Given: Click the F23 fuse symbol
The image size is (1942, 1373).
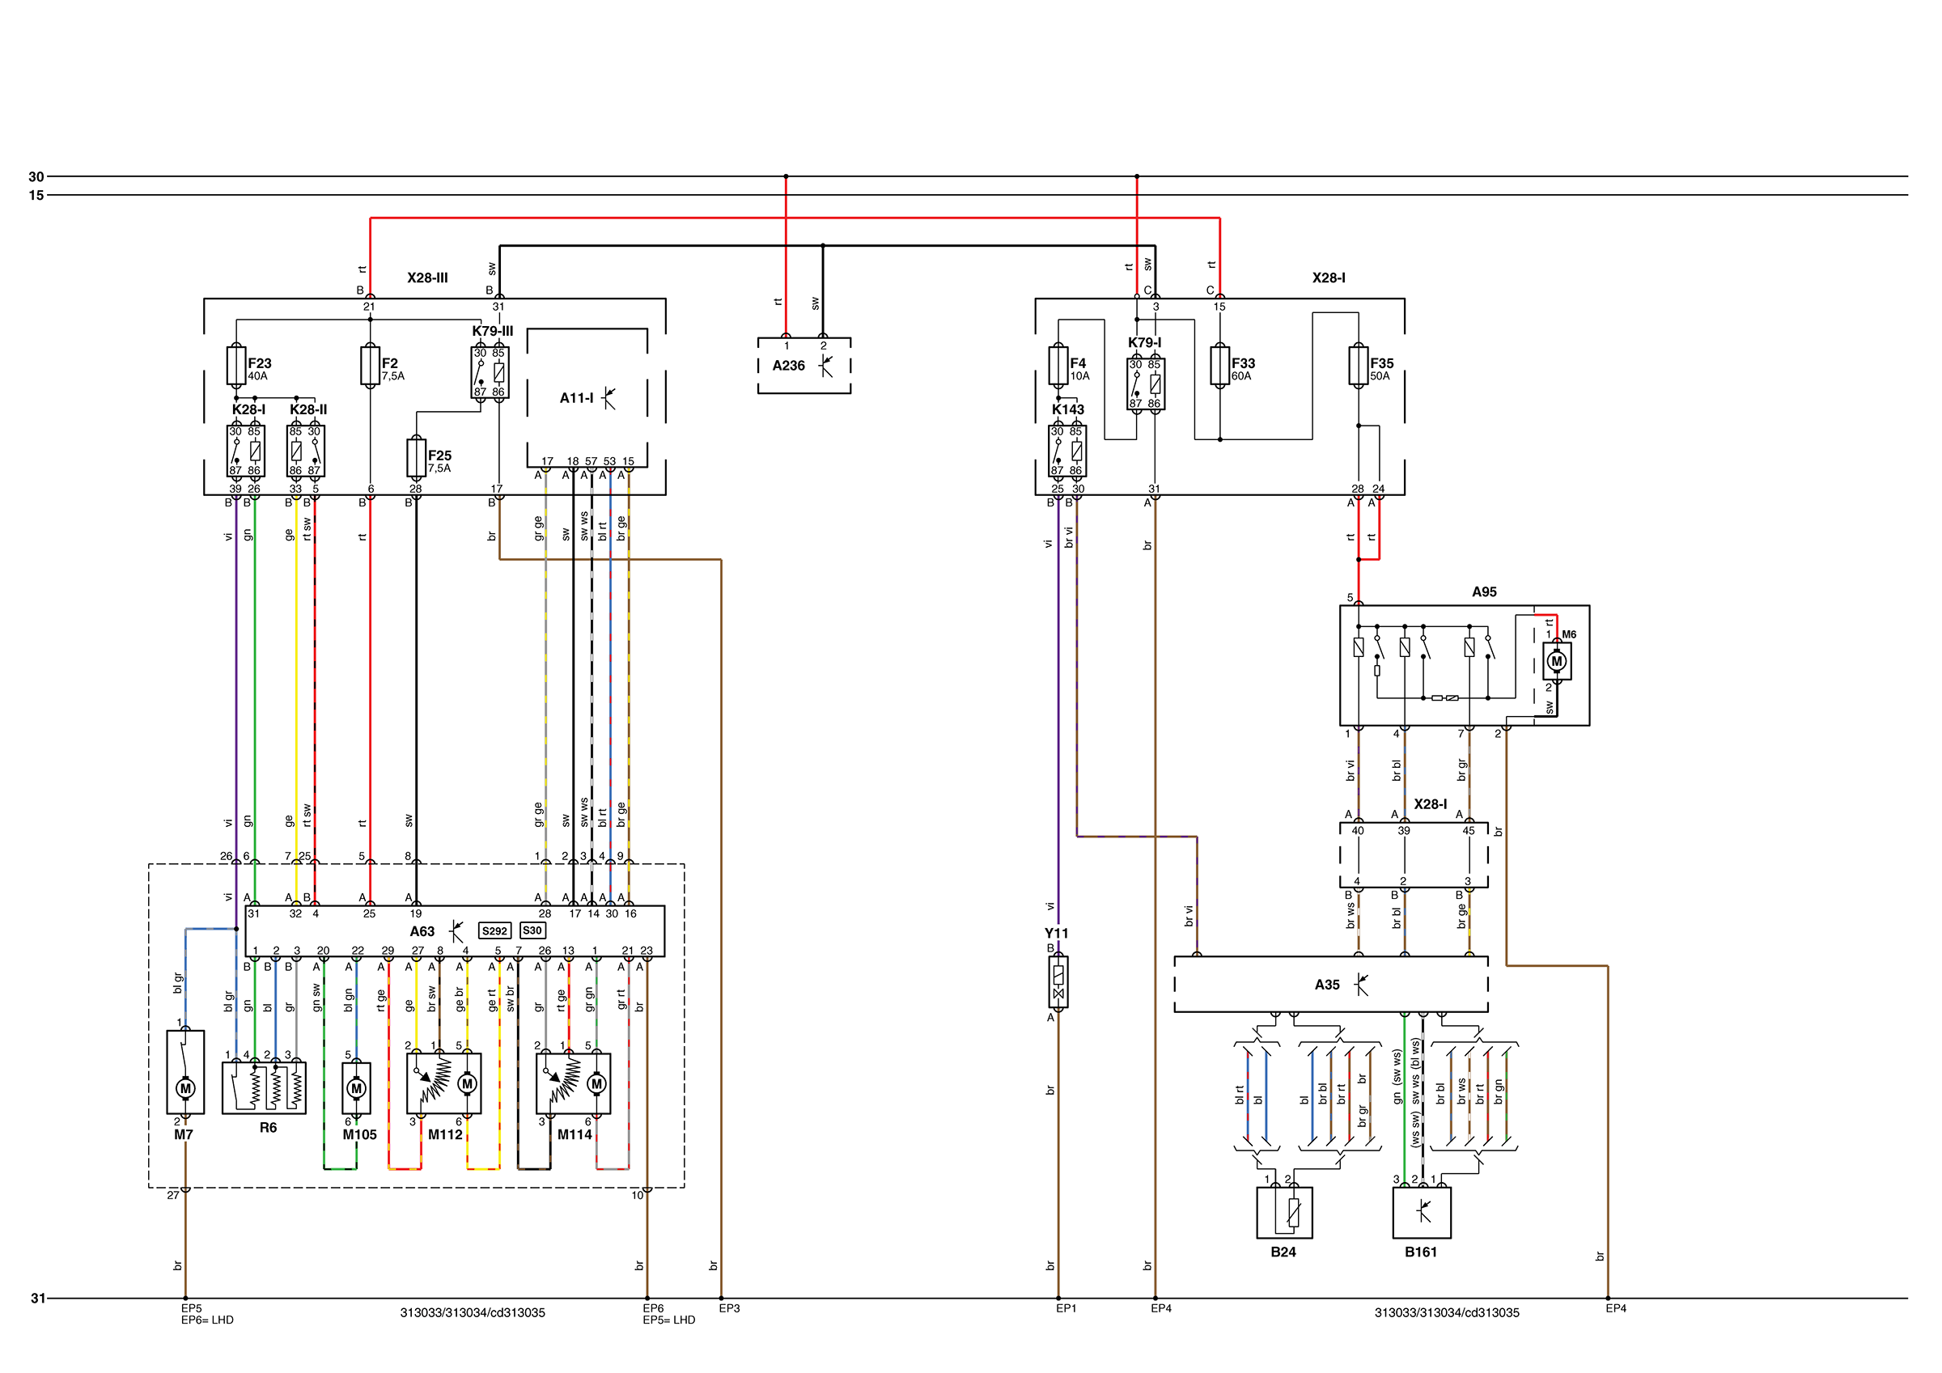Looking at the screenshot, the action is click(x=236, y=366).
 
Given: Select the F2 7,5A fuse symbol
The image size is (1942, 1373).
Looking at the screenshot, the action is click(x=370, y=366).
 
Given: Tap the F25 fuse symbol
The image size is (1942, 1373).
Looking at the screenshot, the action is click(x=415, y=458).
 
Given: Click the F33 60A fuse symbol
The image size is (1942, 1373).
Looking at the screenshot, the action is click(x=1219, y=366).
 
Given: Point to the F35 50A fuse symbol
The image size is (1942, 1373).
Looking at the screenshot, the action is click(x=1359, y=366).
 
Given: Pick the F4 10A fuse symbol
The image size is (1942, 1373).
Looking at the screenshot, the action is click(x=1058, y=366).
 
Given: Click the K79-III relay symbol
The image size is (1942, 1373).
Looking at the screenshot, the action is click(x=490, y=372).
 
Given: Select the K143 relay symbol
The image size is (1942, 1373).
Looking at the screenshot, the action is click(x=1067, y=451).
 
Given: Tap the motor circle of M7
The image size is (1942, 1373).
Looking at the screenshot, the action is click(x=185, y=1088).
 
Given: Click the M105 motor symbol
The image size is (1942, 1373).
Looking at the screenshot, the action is click(x=356, y=1088).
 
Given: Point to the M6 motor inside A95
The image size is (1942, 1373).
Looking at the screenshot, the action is click(x=1556, y=662).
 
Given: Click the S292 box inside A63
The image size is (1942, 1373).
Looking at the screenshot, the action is click(x=494, y=930).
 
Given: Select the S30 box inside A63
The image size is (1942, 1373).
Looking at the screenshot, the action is click(x=532, y=930).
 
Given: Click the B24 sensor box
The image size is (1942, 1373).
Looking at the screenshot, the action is click(x=1285, y=1213).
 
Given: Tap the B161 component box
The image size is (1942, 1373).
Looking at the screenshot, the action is click(x=1422, y=1213).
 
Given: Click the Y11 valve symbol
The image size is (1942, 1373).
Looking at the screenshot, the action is click(x=1058, y=982).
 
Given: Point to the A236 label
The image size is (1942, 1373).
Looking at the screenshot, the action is click(x=788, y=366).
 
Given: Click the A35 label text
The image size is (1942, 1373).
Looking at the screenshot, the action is click(x=1327, y=985).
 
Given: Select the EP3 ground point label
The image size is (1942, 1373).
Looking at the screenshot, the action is click(x=729, y=1309).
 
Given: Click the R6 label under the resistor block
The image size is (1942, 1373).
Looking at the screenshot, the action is click(x=268, y=1128).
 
